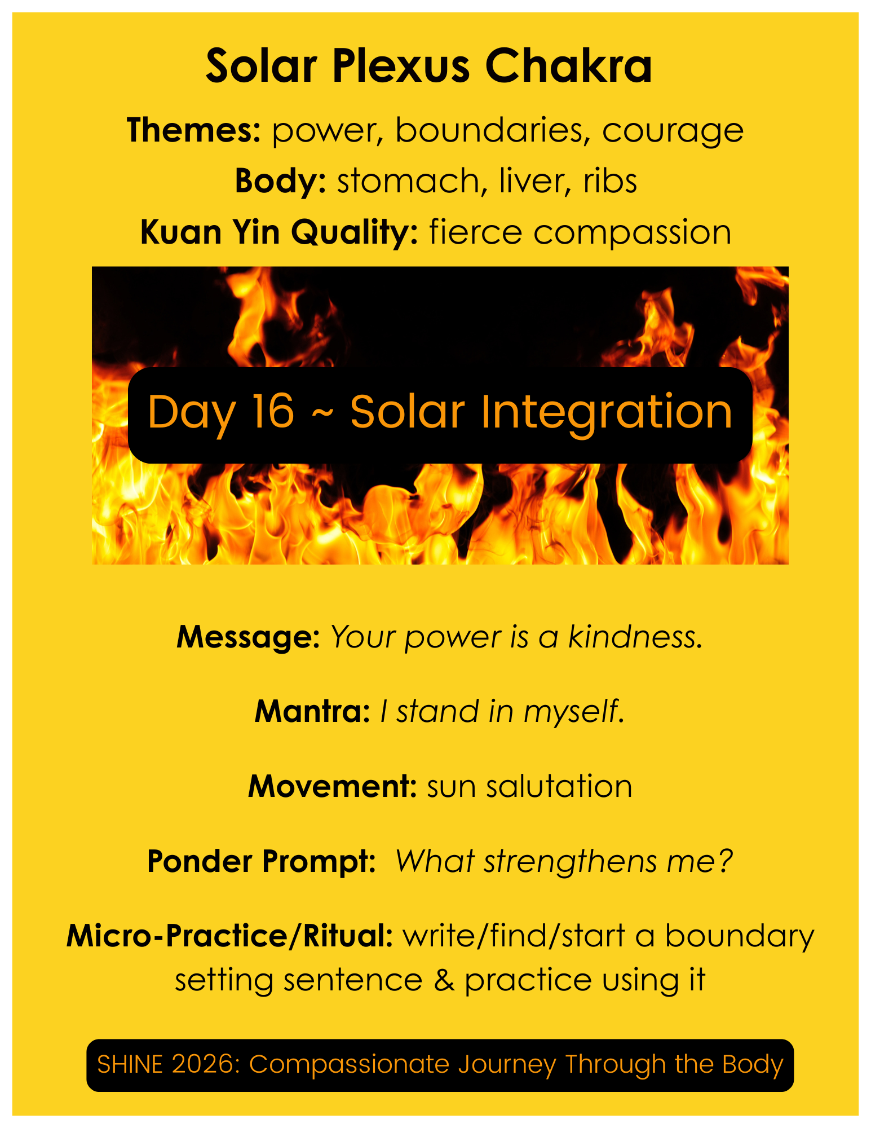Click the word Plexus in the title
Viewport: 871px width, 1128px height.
(x=401, y=67)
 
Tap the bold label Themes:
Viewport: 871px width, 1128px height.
(x=193, y=130)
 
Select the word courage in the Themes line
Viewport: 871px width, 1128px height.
(x=673, y=131)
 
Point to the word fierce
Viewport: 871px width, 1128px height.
(x=475, y=232)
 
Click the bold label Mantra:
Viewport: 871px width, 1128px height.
(x=312, y=711)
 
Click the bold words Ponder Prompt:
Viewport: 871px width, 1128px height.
(x=262, y=861)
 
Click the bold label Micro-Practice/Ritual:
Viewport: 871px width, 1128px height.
(x=229, y=936)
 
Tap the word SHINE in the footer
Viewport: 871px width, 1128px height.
(x=130, y=1065)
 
